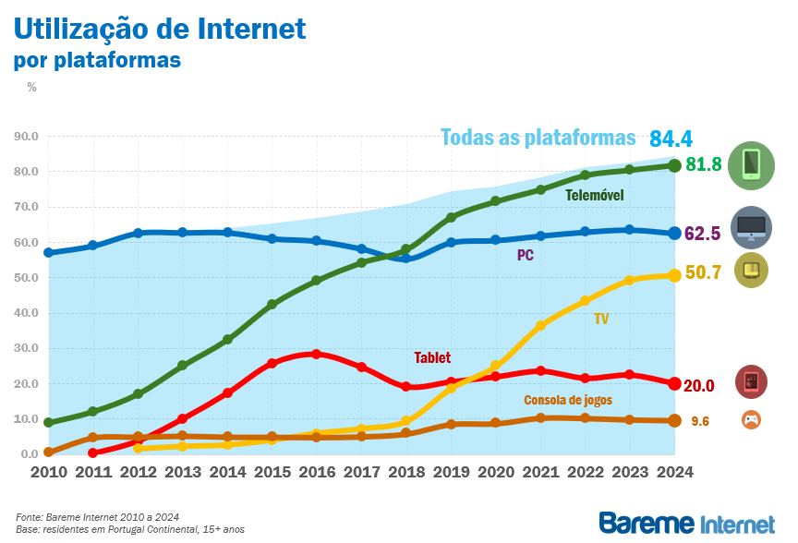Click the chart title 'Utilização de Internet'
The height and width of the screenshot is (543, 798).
(159, 29)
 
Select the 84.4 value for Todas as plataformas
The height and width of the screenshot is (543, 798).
(671, 139)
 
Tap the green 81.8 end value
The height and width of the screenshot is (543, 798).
(703, 164)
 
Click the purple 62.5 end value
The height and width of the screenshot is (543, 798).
(702, 234)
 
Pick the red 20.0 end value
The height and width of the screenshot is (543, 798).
(699, 385)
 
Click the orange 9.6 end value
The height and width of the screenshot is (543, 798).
(700, 421)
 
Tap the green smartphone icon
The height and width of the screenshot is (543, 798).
(751, 165)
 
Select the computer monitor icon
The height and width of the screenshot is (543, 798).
(751, 227)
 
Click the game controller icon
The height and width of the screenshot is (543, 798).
(752, 420)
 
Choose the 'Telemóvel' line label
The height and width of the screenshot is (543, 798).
(595, 196)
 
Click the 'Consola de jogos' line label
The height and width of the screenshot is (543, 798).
(568, 400)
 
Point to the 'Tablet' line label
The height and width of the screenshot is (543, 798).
(432, 357)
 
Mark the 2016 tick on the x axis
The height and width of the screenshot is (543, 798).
(316, 472)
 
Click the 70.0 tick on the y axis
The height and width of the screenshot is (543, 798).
(26, 207)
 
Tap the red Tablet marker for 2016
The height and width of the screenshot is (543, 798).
(316, 354)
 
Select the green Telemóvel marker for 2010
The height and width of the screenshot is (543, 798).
(48, 423)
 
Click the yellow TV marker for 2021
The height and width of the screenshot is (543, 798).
(541, 325)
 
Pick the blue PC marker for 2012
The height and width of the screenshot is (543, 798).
(138, 233)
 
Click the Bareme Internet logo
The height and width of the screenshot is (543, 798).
(687, 523)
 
